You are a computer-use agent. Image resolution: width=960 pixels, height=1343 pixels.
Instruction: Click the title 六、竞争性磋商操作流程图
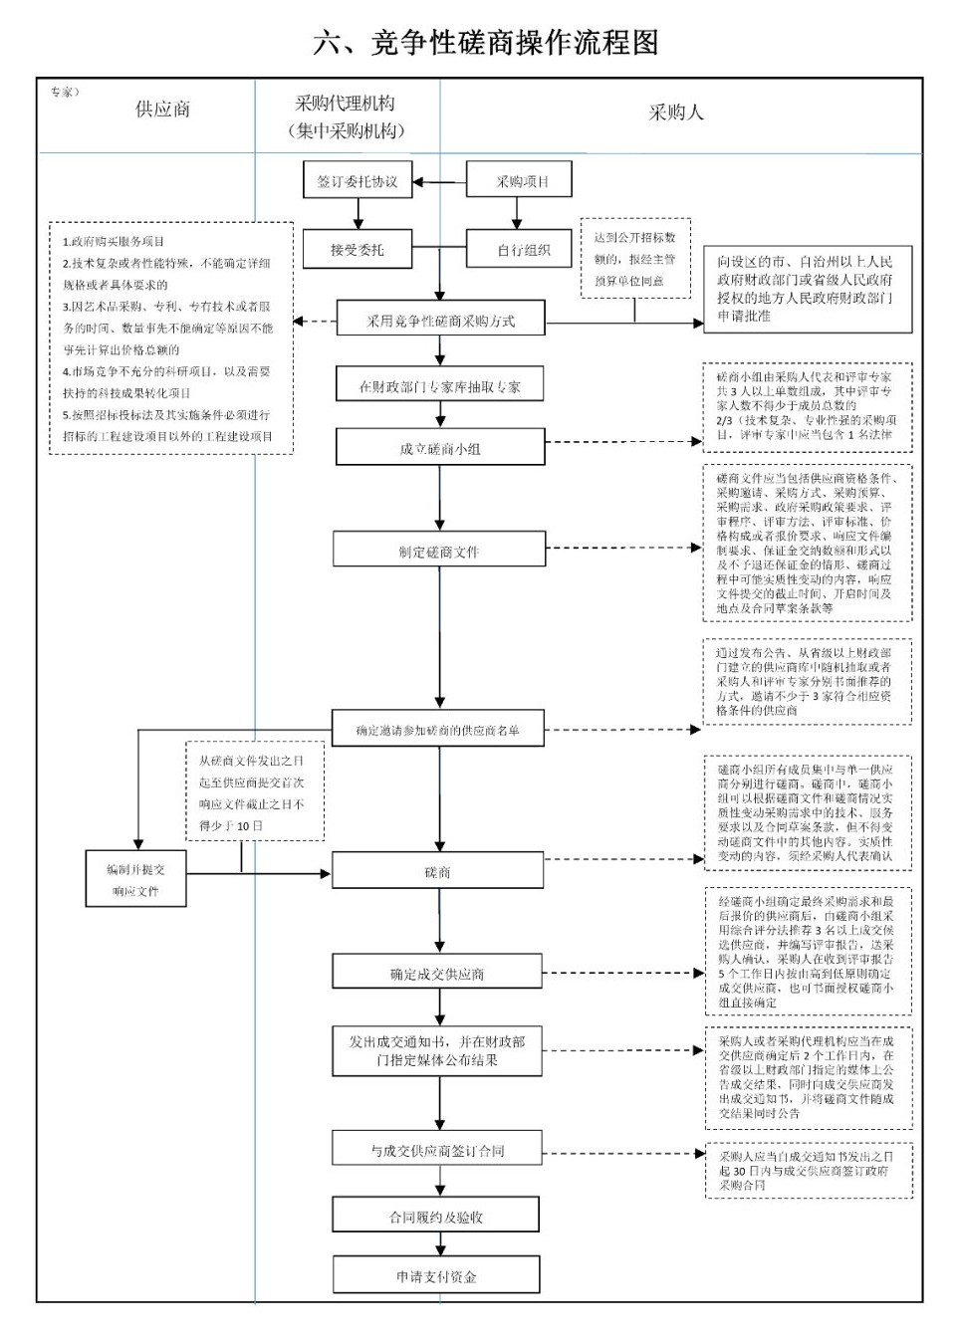485,43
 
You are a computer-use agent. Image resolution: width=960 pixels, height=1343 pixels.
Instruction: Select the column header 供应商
162,110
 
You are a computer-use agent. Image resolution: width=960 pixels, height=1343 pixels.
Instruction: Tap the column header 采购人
676,112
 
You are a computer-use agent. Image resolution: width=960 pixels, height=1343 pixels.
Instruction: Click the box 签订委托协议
357,182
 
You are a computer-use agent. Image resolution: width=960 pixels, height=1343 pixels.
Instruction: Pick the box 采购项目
522,181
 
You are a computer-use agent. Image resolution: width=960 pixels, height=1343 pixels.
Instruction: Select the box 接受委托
357,250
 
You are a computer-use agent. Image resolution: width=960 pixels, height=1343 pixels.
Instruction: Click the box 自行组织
523,250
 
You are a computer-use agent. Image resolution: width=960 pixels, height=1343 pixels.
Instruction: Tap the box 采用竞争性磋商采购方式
440,321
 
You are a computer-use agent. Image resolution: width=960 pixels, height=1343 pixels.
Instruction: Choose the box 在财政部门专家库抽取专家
439,386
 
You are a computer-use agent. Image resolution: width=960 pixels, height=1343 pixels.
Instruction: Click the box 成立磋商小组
439,448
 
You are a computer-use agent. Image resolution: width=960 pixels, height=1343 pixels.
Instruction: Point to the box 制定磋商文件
439,551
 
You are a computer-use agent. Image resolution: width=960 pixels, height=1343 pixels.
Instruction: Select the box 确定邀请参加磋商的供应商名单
438,730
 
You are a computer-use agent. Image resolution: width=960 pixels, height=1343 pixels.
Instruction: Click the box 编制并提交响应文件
135,879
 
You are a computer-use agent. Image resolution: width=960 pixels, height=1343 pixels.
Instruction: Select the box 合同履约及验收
435,1216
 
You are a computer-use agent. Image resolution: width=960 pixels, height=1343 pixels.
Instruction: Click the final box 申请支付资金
435,1276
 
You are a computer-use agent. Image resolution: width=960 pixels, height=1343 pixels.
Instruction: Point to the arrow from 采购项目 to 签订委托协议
439,182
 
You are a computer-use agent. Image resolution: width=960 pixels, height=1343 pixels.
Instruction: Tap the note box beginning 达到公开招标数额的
634,259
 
